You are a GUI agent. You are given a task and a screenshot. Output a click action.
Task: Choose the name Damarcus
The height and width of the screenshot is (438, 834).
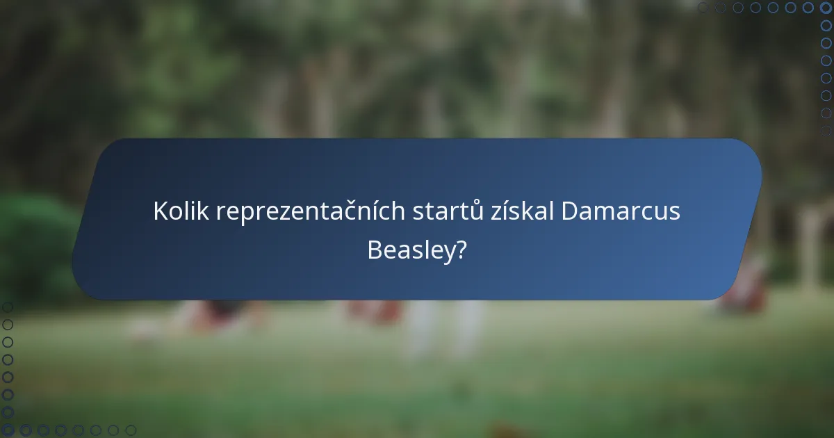(621, 211)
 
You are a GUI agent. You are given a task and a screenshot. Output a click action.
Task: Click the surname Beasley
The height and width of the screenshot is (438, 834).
(409, 250)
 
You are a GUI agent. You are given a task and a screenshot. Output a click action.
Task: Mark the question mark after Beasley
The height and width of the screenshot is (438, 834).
(461, 250)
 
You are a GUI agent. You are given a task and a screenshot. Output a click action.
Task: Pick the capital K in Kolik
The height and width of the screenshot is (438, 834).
(160, 211)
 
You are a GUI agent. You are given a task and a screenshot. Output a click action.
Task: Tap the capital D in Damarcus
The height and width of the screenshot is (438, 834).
(569, 211)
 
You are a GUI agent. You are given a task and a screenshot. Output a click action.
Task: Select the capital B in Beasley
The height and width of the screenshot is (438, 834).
(374, 250)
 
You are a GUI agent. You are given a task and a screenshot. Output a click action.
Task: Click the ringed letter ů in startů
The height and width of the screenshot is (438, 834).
(477, 211)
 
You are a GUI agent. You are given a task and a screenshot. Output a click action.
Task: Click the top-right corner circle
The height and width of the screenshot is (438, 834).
(826, 8)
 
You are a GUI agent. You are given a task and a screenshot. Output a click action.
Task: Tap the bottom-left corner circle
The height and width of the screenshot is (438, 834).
(8, 430)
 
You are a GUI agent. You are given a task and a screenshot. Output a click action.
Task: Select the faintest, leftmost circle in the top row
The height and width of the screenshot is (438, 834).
(703, 8)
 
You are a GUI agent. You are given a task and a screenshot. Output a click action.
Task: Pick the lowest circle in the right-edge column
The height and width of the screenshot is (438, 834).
(826, 131)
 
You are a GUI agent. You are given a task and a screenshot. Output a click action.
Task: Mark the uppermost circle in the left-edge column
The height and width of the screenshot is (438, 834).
(8, 307)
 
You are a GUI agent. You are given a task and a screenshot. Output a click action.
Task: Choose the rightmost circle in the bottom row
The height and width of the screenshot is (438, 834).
(131, 430)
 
